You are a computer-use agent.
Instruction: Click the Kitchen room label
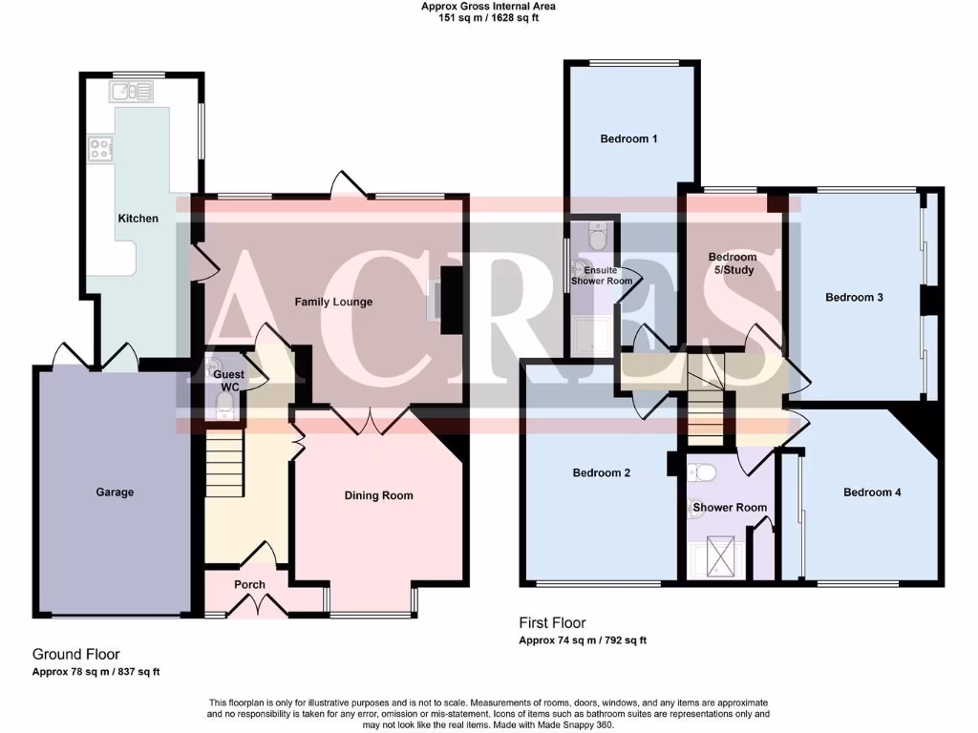point(138,219)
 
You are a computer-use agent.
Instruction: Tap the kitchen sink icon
point(132,92)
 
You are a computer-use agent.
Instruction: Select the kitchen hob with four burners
point(101,148)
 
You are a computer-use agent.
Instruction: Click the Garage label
point(115,492)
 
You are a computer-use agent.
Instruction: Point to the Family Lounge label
point(333,303)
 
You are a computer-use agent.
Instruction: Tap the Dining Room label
point(379,495)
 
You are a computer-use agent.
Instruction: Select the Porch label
point(250,585)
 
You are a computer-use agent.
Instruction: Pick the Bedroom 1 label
point(628,139)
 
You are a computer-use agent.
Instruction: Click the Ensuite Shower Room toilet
point(599,237)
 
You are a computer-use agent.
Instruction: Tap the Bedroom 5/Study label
point(733,263)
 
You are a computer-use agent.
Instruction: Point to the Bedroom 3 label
point(854,298)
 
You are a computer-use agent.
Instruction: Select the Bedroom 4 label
point(872,492)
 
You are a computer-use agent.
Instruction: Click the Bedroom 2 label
point(602,473)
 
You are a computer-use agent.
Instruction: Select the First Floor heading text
point(553,624)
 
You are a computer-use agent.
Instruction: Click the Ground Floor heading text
point(75,655)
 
